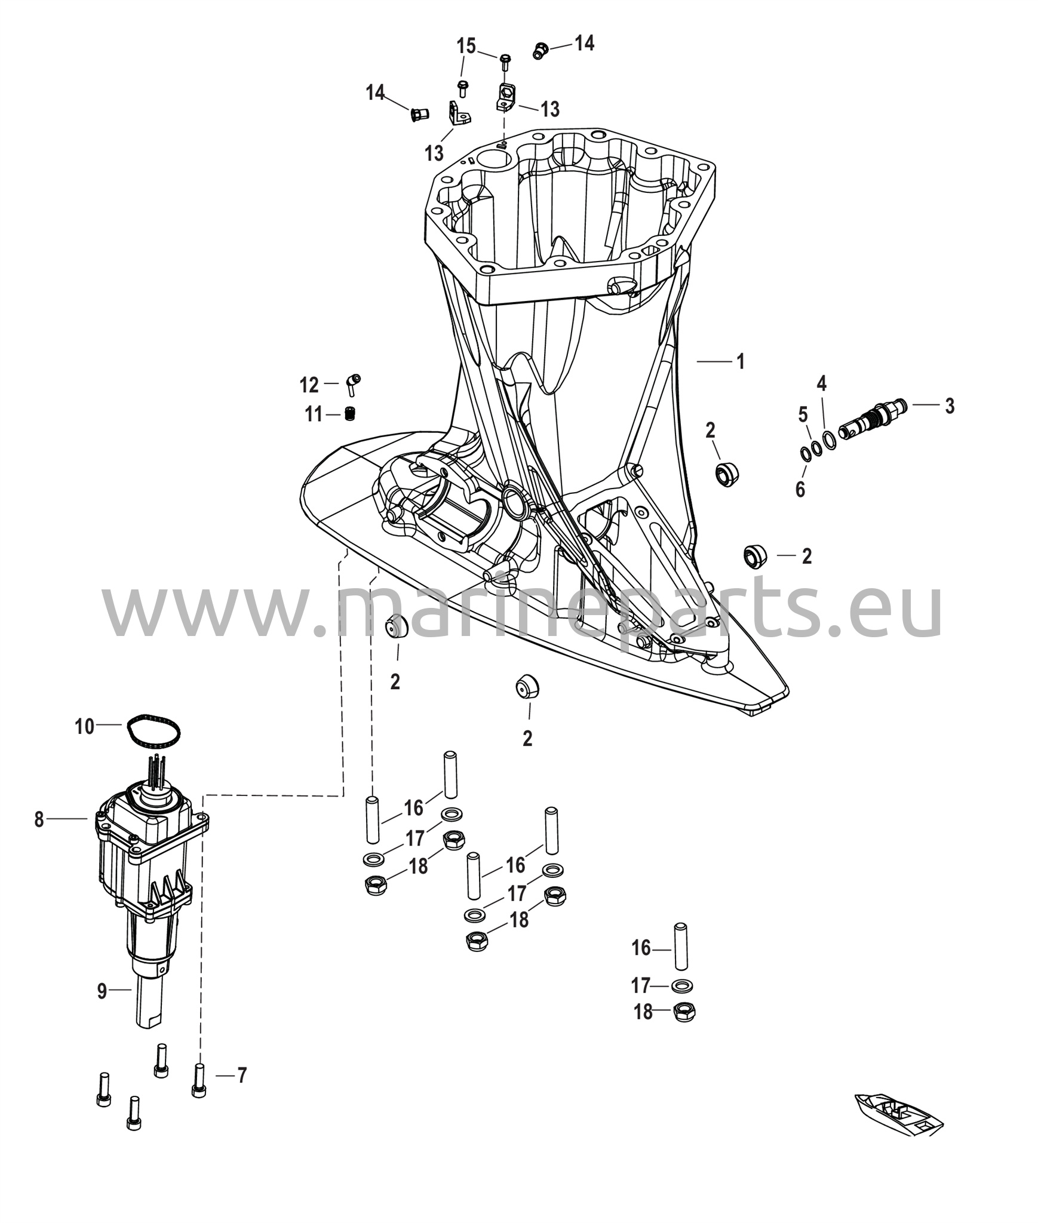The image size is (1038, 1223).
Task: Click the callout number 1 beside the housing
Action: [x=741, y=361]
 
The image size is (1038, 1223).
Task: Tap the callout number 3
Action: [x=950, y=405]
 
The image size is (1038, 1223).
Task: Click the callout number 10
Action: [x=822, y=383]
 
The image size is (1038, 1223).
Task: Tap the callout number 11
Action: [x=314, y=414]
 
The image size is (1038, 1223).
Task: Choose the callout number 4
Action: [x=822, y=383]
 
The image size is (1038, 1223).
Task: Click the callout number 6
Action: [x=800, y=489]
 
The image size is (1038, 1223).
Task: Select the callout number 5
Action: [x=803, y=414]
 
